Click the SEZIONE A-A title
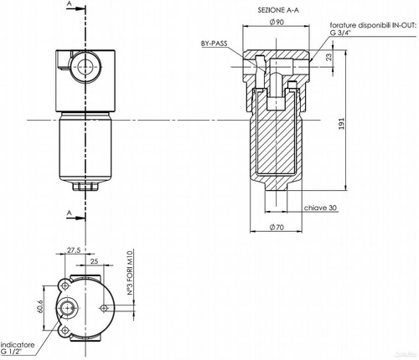[x=278, y=10]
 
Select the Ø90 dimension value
[x=277, y=22]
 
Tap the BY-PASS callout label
[x=215, y=44]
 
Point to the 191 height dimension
[x=342, y=124]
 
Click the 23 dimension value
[x=329, y=57]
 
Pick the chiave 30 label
[x=320, y=208]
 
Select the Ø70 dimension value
[x=277, y=228]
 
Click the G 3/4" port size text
[x=340, y=32]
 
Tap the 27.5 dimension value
[x=74, y=250]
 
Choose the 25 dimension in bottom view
[x=95, y=261]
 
